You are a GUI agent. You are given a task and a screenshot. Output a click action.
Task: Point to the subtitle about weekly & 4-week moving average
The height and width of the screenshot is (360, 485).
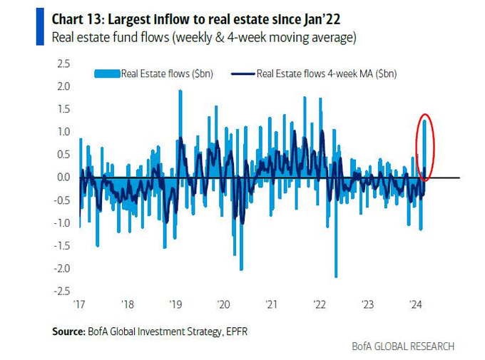click(203, 36)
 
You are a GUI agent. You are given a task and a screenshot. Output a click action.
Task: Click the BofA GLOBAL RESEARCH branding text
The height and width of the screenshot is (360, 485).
click(403, 346)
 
